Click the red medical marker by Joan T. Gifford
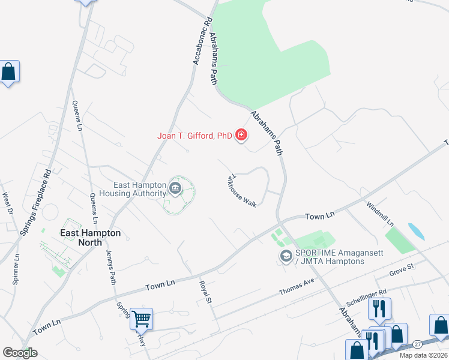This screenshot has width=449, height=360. pyautogui.click(x=241, y=135)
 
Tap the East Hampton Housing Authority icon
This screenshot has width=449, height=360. pyautogui.click(x=175, y=189)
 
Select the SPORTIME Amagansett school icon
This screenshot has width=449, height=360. pyautogui.click(x=286, y=257)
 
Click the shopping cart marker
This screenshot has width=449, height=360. pyautogui.click(x=142, y=318)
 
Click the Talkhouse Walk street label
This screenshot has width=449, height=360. pyautogui.click(x=241, y=191)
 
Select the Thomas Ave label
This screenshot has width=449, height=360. pyautogui.click(x=297, y=287)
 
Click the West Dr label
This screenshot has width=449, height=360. pyautogui.click(x=7, y=203)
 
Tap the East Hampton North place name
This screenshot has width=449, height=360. pyautogui.click(x=91, y=238)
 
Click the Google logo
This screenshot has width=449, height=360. pyautogui.click(x=20, y=353)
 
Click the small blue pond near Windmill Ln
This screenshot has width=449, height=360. pyautogui.click(x=414, y=230)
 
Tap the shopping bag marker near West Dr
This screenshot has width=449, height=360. pyautogui.click(x=10, y=72)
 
